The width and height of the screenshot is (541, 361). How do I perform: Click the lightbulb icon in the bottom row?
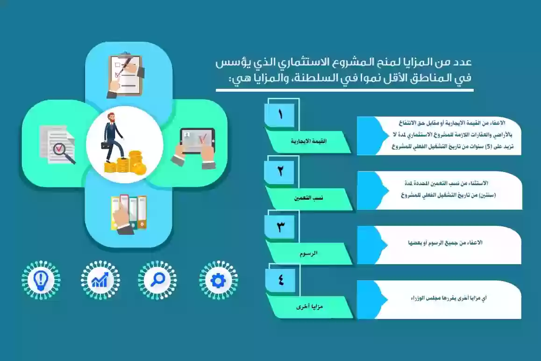41,280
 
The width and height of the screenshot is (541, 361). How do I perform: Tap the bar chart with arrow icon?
100,280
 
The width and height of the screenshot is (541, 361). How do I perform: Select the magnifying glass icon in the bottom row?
157,280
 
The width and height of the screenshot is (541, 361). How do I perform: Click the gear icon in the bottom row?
218,280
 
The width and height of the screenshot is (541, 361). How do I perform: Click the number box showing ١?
280,115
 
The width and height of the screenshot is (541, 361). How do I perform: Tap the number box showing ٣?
280,227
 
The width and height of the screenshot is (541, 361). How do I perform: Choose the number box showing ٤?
280,280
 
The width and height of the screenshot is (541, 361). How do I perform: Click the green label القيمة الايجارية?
308,142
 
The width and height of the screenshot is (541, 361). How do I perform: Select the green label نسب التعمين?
309,198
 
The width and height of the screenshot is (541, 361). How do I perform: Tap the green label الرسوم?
308,253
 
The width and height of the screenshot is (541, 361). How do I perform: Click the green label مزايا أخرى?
309,307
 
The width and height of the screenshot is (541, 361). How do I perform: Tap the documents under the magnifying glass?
57,144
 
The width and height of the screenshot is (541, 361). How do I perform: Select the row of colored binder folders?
128,213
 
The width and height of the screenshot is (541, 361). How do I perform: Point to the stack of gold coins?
126,163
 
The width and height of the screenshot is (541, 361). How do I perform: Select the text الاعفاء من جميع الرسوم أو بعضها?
445,243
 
